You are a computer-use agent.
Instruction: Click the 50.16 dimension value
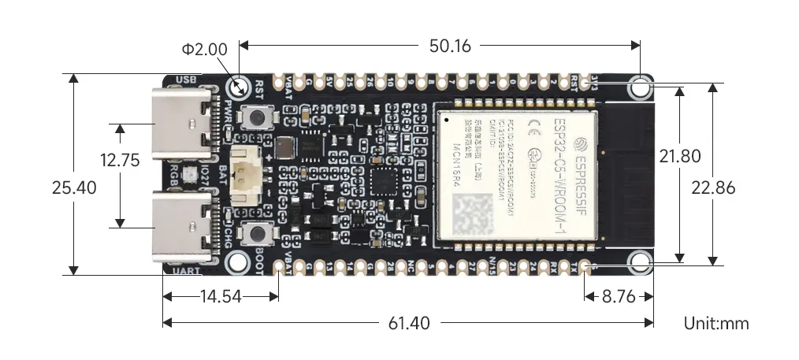450,46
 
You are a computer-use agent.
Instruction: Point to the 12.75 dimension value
120,161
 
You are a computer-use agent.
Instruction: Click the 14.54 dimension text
221,297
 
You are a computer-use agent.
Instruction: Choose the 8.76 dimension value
617,297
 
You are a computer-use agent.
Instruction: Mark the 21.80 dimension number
680,157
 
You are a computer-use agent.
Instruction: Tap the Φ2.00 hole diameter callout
204,49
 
